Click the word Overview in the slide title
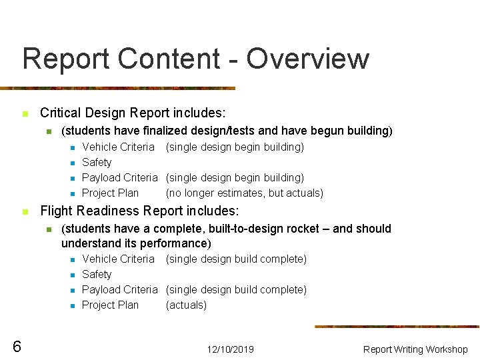click(x=307, y=59)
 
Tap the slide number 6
click(x=17, y=346)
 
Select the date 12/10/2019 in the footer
click(x=230, y=349)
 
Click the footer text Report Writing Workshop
click(x=415, y=349)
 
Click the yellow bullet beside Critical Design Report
click(x=25, y=114)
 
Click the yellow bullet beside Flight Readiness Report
click(x=25, y=212)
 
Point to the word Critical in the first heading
click(x=61, y=113)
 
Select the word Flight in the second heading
click(x=57, y=211)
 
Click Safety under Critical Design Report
click(x=97, y=162)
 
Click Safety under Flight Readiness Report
click(x=97, y=274)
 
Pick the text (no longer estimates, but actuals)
click(x=245, y=193)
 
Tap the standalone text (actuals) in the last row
click(x=186, y=305)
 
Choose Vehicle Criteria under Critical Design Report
click(x=118, y=147)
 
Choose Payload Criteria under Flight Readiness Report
click(x=119, y=289)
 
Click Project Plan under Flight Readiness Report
click(x=110, y=305)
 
